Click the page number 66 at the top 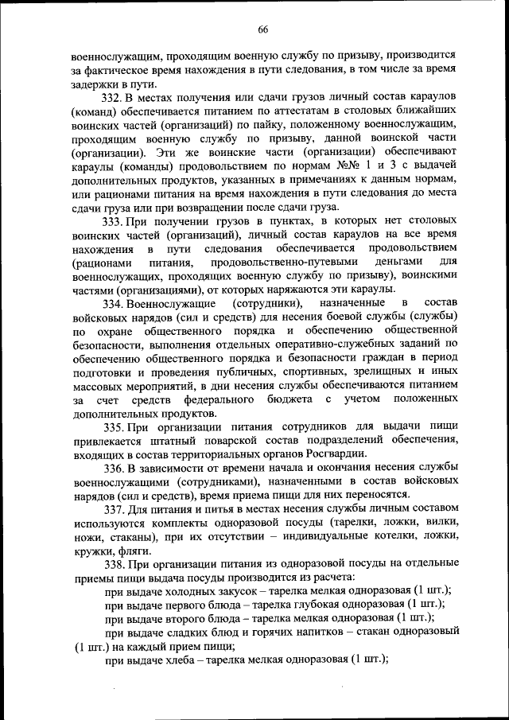tap(262, 29)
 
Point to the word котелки tap(369, 537)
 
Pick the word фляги tap(130, 551)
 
